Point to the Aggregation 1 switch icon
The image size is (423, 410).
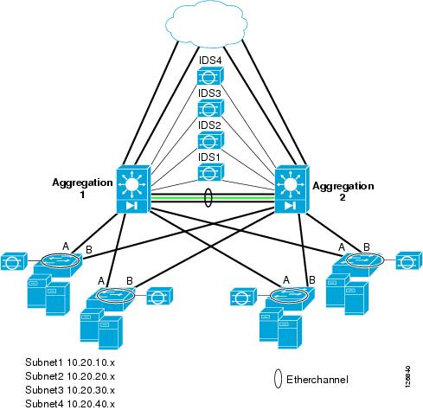tap(133, 190)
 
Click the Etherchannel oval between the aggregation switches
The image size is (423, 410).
tap(208, 199)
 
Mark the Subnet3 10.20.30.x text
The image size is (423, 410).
tap(70, 390)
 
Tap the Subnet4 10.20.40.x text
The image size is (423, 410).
tap(70, 403)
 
